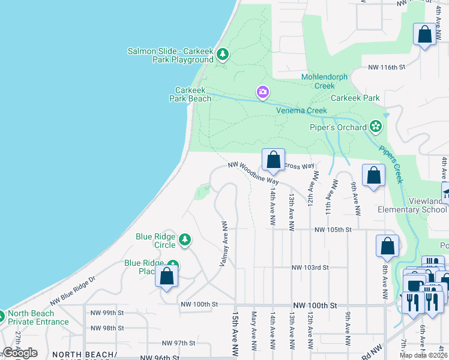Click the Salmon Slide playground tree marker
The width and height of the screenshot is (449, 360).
[223, 55]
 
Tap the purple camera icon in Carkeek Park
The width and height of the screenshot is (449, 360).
[262, 92]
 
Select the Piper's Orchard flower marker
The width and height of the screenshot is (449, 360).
[375, 127]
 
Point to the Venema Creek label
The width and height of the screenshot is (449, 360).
[301, 110]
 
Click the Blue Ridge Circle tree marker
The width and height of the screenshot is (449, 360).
[185, 240]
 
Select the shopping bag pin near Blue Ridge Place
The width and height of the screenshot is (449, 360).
[167, 277]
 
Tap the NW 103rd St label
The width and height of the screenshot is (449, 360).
[310, 268]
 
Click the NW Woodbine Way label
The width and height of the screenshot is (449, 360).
[254, 172]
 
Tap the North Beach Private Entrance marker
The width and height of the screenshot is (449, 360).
[1, 315]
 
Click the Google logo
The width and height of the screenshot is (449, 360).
[20, 353]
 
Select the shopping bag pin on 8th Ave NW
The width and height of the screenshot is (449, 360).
[387, 246]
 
